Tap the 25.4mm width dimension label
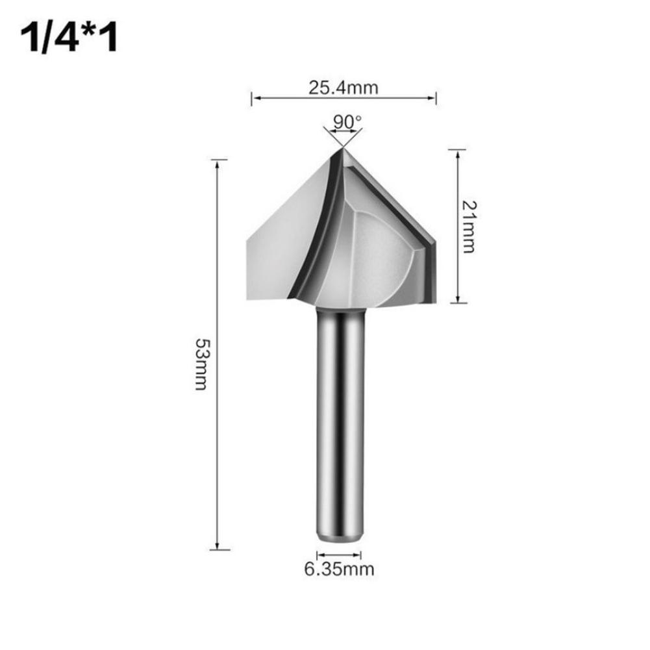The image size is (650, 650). tap(343, 86)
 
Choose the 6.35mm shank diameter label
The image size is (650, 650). tap(339, 570)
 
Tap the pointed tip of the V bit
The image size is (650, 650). tap(342, 149)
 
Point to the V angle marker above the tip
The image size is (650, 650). tap(342, 135)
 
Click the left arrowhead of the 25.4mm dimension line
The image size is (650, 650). tap(255, 99)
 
